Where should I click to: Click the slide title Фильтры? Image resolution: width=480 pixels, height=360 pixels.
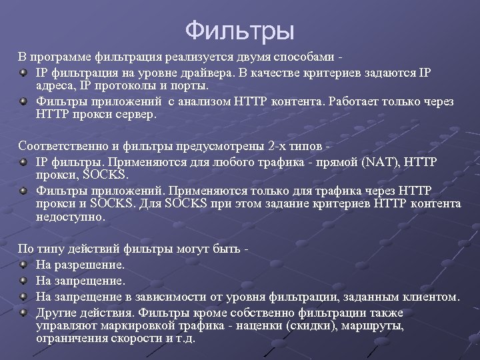tap(239, 29)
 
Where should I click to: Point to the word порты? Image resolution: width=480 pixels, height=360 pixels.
tap(191, 86)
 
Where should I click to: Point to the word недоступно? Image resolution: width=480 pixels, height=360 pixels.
tap(70, 217)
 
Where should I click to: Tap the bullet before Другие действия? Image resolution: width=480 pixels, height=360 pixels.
tap(23, 311)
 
